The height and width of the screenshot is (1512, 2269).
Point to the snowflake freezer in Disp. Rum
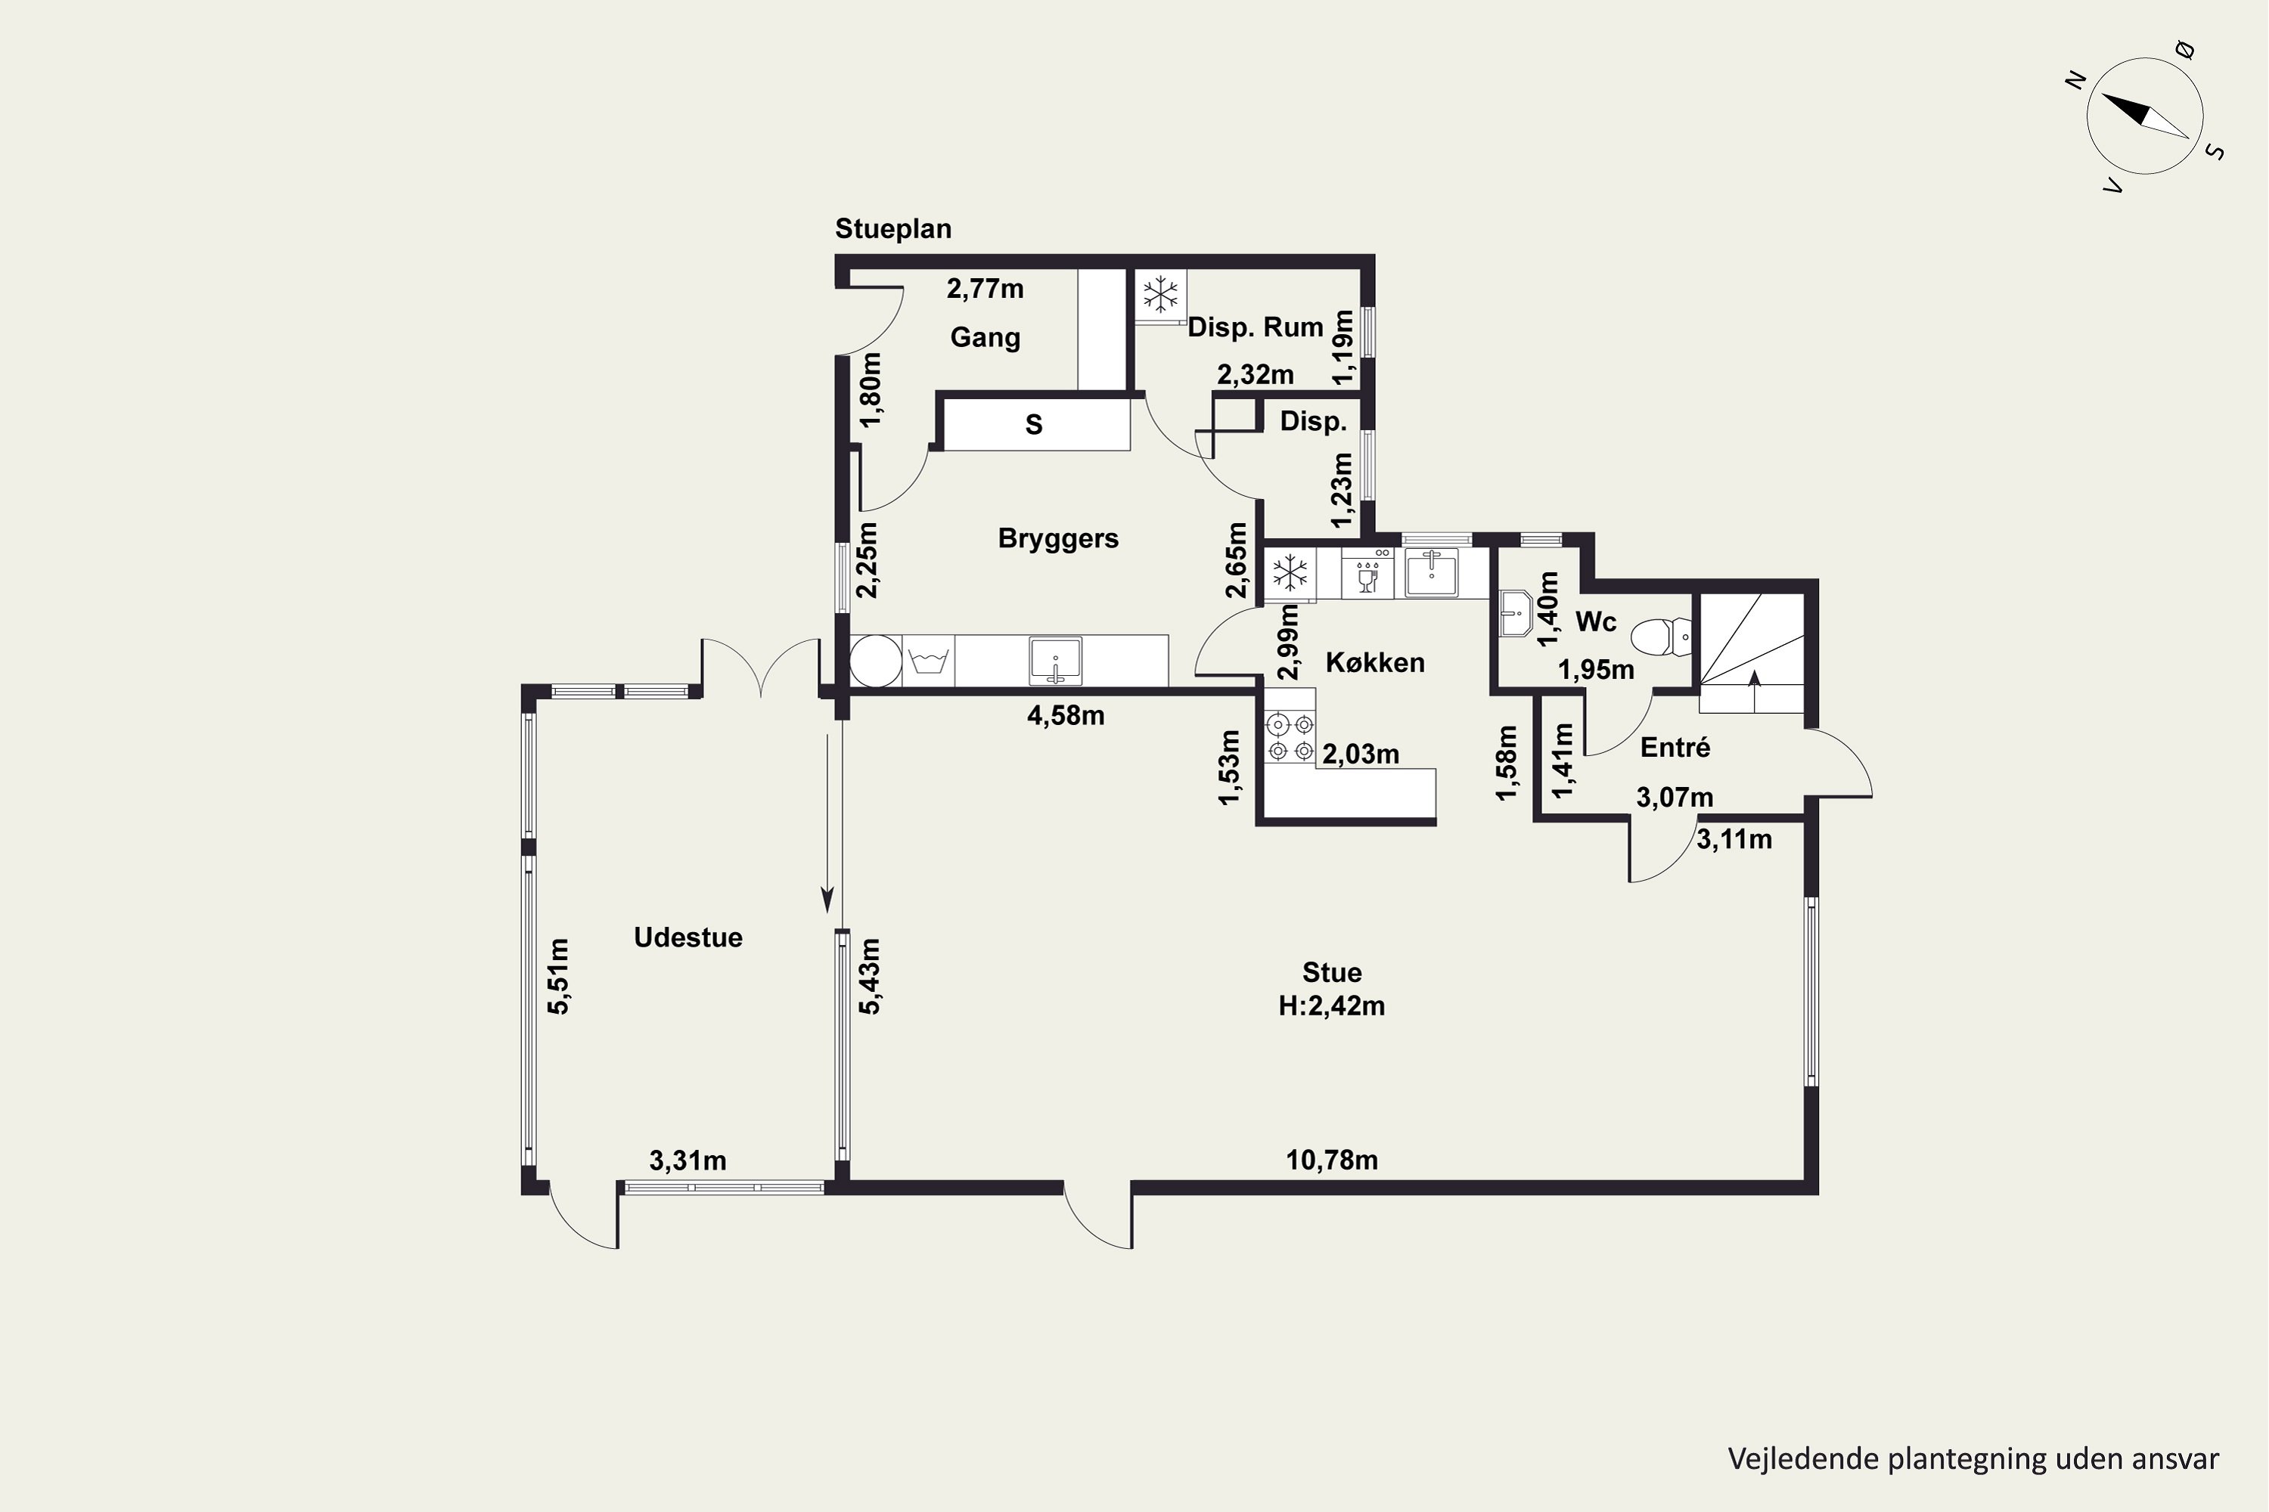point(1160,294)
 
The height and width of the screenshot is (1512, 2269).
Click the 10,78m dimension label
point(1331,1159)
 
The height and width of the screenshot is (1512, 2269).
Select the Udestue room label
point(688,937)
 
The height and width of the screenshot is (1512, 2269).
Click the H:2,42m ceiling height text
point(1331,1005)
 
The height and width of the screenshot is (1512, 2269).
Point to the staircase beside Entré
point(1751,653)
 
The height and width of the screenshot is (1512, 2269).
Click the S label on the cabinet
point(1034,424)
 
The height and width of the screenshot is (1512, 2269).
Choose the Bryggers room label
point(1058,538)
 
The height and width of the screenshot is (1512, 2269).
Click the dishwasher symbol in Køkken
point(1367,574)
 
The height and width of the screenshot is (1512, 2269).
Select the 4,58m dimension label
point(1066,715)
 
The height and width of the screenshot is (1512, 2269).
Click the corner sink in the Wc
point(1516,613)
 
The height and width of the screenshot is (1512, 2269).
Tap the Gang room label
point(985,337)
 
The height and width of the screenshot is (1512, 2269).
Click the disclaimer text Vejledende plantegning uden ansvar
point(1973,1459)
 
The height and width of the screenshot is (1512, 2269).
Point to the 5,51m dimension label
point(559,976)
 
